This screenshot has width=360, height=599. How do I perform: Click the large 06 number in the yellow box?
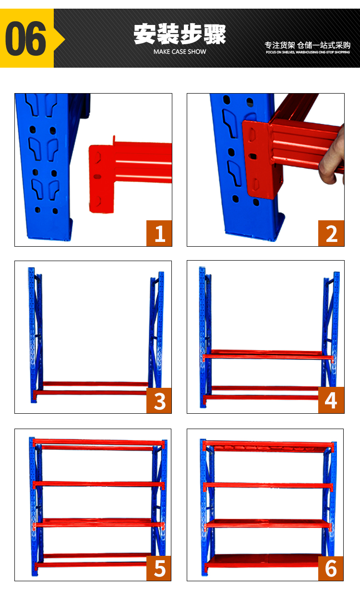25,38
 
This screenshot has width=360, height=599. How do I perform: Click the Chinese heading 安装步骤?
180,34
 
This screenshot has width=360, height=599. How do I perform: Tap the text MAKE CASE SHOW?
180,52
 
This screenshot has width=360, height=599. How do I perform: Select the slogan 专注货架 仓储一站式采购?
308,45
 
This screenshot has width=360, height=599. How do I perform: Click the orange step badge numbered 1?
159,233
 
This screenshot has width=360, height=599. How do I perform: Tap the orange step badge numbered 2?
331,233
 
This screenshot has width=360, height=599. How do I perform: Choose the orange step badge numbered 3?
159,400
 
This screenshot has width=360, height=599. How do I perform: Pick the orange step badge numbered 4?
331,400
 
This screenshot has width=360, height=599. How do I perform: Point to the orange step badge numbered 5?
159,568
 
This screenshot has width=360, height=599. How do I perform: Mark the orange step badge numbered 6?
331,568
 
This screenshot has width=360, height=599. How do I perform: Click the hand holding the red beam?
332,158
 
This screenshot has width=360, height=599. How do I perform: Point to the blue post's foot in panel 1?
49,230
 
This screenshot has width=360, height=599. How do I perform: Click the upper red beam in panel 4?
267,355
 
